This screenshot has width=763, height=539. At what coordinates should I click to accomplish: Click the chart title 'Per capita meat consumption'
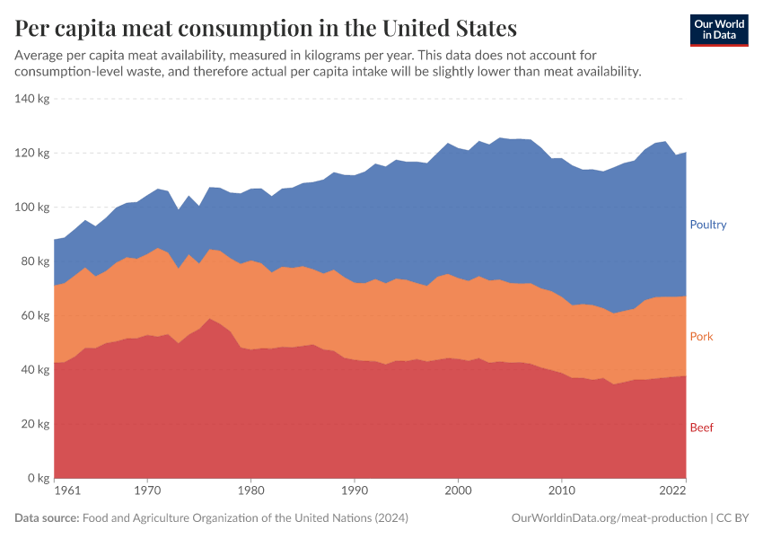[266, 28]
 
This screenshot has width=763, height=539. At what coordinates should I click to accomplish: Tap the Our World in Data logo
[719, 30]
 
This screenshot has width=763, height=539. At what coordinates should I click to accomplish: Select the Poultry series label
[707, 225]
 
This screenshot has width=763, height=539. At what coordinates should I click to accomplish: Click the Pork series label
[701, 337]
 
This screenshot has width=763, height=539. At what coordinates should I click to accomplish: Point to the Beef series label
[701, 428]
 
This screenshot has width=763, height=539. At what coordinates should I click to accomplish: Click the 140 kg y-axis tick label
[31, 99]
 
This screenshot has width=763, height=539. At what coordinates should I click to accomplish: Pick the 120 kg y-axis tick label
[31, 153]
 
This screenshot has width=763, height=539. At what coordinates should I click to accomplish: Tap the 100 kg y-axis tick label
[31, 208]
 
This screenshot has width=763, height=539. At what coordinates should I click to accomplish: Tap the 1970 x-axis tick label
[148, 492]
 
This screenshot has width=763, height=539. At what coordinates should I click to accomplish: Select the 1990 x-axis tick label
[355, 492]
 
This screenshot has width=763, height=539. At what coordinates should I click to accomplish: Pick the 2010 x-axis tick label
[562, 492]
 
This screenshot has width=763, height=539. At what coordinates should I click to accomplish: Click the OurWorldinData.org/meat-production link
[608, 518]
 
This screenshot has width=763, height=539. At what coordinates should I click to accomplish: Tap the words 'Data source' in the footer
[47, 518]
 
